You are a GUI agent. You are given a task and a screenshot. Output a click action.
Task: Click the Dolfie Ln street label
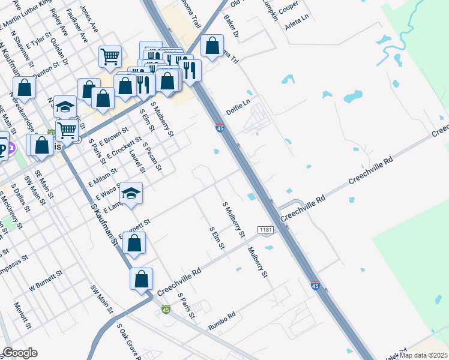[237, 107]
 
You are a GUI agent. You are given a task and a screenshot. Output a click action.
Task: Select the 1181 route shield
[267, 230]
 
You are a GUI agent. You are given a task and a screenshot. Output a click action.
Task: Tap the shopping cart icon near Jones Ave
[110, 56]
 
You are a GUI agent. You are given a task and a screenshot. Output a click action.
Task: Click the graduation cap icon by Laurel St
[131, 193]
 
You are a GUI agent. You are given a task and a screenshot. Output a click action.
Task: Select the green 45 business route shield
[166, 310]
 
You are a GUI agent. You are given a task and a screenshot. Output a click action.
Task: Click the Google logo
[20, 353]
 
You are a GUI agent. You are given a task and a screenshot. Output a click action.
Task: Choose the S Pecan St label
[152, 155]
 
